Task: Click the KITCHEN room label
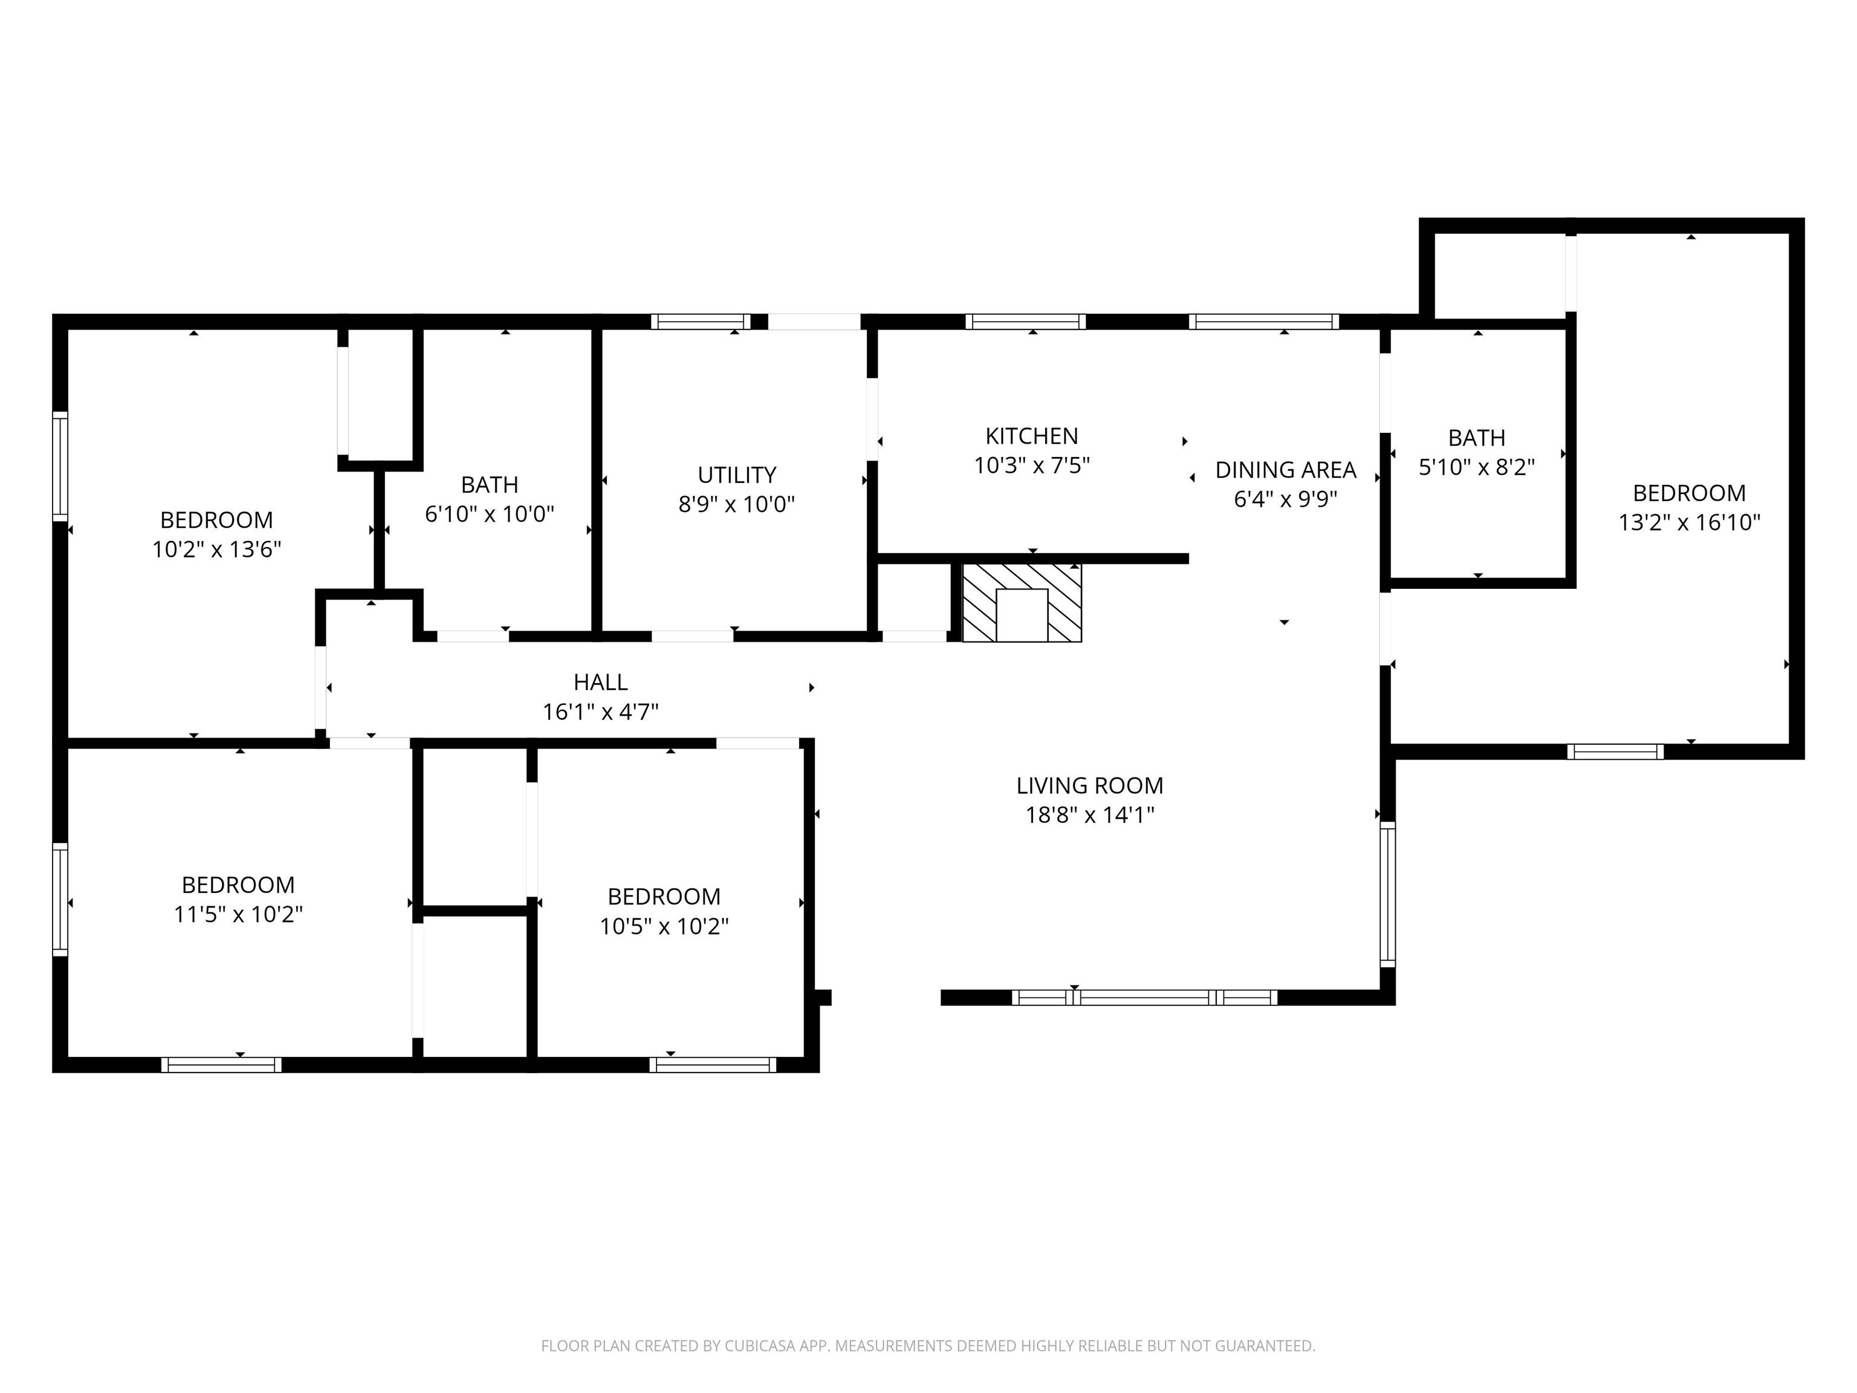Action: tap(1032, 436)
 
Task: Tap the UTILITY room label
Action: tap(736, 475)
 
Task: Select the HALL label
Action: tap(600, 682)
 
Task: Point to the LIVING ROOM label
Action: tap(1090, 785)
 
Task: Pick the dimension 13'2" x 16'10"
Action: tap(1689, 522)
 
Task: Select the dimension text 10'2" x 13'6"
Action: tap(216, 549)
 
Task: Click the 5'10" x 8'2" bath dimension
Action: tap(1477, 467)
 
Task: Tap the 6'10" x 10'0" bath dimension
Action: tap(490, 514)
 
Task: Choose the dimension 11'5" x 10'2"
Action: tap(238, 914)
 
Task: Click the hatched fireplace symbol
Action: tap(1022, 603)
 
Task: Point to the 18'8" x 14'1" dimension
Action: tap(1090, 814)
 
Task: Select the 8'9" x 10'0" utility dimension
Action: tap(736, 504)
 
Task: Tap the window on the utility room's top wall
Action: tap(700, 322)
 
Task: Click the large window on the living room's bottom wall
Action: tap(1144, 998)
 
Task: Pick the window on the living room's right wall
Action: tap(1388, 894)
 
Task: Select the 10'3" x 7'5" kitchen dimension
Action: tap(1032, 465)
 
